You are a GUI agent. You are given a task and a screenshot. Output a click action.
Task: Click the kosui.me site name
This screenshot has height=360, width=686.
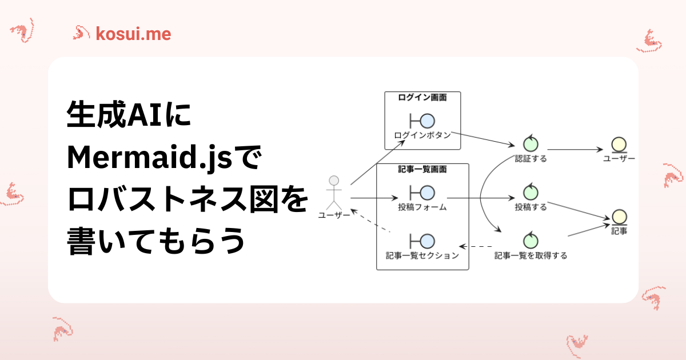pyautogui.click(x=134, y=34)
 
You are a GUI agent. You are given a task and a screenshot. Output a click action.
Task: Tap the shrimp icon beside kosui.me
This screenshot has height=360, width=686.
pyautogui.click(x=81, y=33)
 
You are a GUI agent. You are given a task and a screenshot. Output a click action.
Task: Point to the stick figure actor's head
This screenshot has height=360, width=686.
pyautogui.click(x=334, y=181)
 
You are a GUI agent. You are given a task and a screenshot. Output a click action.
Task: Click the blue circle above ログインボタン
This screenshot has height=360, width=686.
pyautogui.click(x=427, y=121)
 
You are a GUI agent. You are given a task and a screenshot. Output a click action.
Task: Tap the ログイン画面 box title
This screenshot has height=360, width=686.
pyautogui.click(x=422, y=97)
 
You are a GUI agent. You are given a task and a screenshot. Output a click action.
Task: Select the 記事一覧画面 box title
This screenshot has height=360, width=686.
pyautogui.click(x=422, y=169)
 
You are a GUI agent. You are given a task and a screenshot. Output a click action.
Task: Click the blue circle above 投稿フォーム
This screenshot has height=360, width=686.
pyautogui.click(x=427, y=193)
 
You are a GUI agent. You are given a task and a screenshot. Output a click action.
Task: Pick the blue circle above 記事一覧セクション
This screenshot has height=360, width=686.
pyautogui.click(x=427, y=241)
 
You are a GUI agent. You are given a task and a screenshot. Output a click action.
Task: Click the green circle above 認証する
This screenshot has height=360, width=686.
pyautogui.click(x=531, y=144)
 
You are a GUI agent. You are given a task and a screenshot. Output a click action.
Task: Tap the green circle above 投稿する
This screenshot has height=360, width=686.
pyautogui.click(x=531, y=193)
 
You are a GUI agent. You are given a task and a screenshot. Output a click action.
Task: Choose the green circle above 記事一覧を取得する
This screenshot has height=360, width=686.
pyautogui.click(x=531, y=241)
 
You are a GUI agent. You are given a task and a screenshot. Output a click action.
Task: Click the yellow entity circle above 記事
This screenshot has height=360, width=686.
pyautogui.click(x=620, y=217)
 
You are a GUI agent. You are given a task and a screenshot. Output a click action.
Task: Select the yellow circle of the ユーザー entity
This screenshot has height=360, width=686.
pyautogui.click(x=619, y=145)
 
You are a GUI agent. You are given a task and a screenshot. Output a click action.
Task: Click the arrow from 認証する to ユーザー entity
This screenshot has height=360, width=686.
pyautogui.click(x=575, y=149)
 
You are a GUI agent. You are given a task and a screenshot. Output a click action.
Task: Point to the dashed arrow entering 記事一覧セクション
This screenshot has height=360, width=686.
pyautogui.click(x=476, y=246)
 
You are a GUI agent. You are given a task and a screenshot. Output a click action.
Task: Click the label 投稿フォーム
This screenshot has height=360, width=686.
pyautogui.click(x=422, y=207)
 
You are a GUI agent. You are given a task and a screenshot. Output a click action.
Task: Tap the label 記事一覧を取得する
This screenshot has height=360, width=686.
pyautogui.click(x=531, y=255)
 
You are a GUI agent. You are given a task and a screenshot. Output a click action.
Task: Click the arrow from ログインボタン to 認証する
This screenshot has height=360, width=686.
pyautogui.click(x=483, y=139)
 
